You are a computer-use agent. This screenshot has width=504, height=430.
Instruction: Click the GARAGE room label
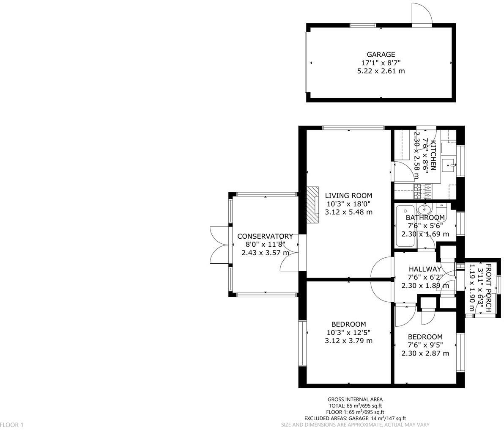click(381, 54)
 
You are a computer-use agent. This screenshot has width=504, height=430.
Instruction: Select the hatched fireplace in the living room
click(313, 204)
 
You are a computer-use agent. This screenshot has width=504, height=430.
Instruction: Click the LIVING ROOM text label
click(348, 196)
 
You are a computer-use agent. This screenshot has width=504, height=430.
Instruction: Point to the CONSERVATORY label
click(265, 236)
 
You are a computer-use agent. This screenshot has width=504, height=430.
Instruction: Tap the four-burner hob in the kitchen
click(422, 191)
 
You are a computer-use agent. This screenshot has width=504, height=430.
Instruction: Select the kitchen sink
click(448, 165)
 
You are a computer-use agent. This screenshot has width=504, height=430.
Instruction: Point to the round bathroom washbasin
click(423, 209)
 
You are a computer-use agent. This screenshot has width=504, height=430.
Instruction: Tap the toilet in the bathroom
click(441, 210)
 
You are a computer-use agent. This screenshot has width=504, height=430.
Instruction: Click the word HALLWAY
click(425, 269)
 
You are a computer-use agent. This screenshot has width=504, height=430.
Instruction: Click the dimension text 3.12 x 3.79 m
click(348, 341)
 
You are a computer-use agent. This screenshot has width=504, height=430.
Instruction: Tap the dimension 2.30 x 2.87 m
click(425, 353)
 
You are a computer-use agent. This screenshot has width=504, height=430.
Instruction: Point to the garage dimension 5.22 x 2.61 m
click(381, 71)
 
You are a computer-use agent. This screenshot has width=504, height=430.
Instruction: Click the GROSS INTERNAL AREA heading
click(355, 399)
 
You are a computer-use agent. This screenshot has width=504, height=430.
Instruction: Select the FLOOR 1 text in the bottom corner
click(12, 424)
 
